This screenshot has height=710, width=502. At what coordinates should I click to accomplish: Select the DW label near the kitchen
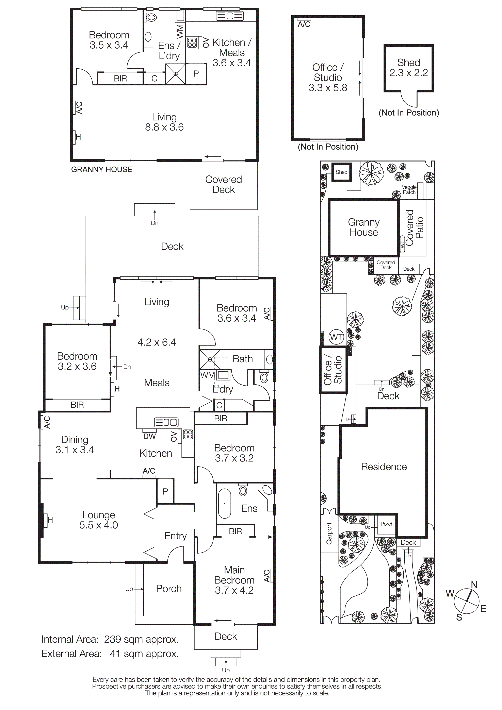[150, 436]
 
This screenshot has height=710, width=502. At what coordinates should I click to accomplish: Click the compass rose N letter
[474, 585]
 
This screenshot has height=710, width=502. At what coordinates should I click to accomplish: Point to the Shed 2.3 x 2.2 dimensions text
[409, 73]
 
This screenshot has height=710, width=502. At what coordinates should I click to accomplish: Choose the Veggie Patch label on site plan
[409, 190]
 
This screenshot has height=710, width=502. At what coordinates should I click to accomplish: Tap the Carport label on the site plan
[329, 534]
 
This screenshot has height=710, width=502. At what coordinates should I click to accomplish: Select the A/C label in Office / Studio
[304, 24]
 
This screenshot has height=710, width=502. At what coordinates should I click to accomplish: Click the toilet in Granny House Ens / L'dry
[151, 17]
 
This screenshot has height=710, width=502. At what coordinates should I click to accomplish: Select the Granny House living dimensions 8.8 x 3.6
[164, 127]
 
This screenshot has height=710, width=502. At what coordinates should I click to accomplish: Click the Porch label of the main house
[168, 589]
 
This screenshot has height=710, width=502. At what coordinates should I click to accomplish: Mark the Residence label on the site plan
[384, 467]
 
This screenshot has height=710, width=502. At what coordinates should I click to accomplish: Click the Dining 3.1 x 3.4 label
[75, 445]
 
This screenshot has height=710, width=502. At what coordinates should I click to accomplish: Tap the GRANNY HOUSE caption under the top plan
[102, 169]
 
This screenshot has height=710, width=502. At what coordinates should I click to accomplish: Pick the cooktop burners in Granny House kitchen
[192, 43]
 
